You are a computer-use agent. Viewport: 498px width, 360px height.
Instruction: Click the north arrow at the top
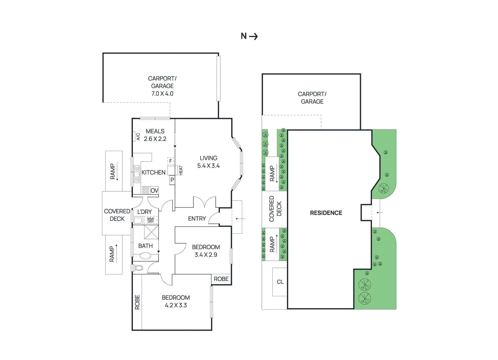pos(253,36)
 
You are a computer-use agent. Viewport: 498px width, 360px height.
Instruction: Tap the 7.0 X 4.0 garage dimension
pos(162,94)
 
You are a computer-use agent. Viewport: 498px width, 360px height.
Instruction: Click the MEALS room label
pos(155,131)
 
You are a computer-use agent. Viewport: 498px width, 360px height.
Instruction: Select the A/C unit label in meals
pos(138,137)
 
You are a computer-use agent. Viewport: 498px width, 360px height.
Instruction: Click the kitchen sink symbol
pos(137,174)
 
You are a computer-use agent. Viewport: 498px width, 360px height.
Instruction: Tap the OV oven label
pos(154,190)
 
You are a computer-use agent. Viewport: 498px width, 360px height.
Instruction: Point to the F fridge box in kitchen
pos(171,161)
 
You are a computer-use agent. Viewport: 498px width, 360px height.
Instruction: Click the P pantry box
pos(172,180)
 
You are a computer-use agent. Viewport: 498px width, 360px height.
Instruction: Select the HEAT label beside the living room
pos(181,170)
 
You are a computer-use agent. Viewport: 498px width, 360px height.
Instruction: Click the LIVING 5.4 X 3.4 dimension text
pos(208,166)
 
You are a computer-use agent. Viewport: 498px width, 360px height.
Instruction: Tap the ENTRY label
pos(197,219)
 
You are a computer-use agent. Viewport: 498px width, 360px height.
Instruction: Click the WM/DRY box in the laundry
pos(151,220)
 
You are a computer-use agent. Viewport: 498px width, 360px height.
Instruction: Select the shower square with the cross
pos(151,232)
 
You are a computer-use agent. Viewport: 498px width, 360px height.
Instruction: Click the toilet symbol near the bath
pos(139,268)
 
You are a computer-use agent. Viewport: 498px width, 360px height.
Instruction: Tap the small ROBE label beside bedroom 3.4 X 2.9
pos(221,279)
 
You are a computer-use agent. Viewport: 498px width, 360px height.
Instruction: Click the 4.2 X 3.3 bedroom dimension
pos(176,305)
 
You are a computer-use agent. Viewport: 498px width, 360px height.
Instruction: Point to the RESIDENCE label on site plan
pos(326,213)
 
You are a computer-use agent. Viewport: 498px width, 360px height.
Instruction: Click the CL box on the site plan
pos(280,282)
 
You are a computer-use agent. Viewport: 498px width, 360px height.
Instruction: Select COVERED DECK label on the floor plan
pos(117,215)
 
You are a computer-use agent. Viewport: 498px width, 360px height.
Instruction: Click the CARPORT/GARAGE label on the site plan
pos(312,98)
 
